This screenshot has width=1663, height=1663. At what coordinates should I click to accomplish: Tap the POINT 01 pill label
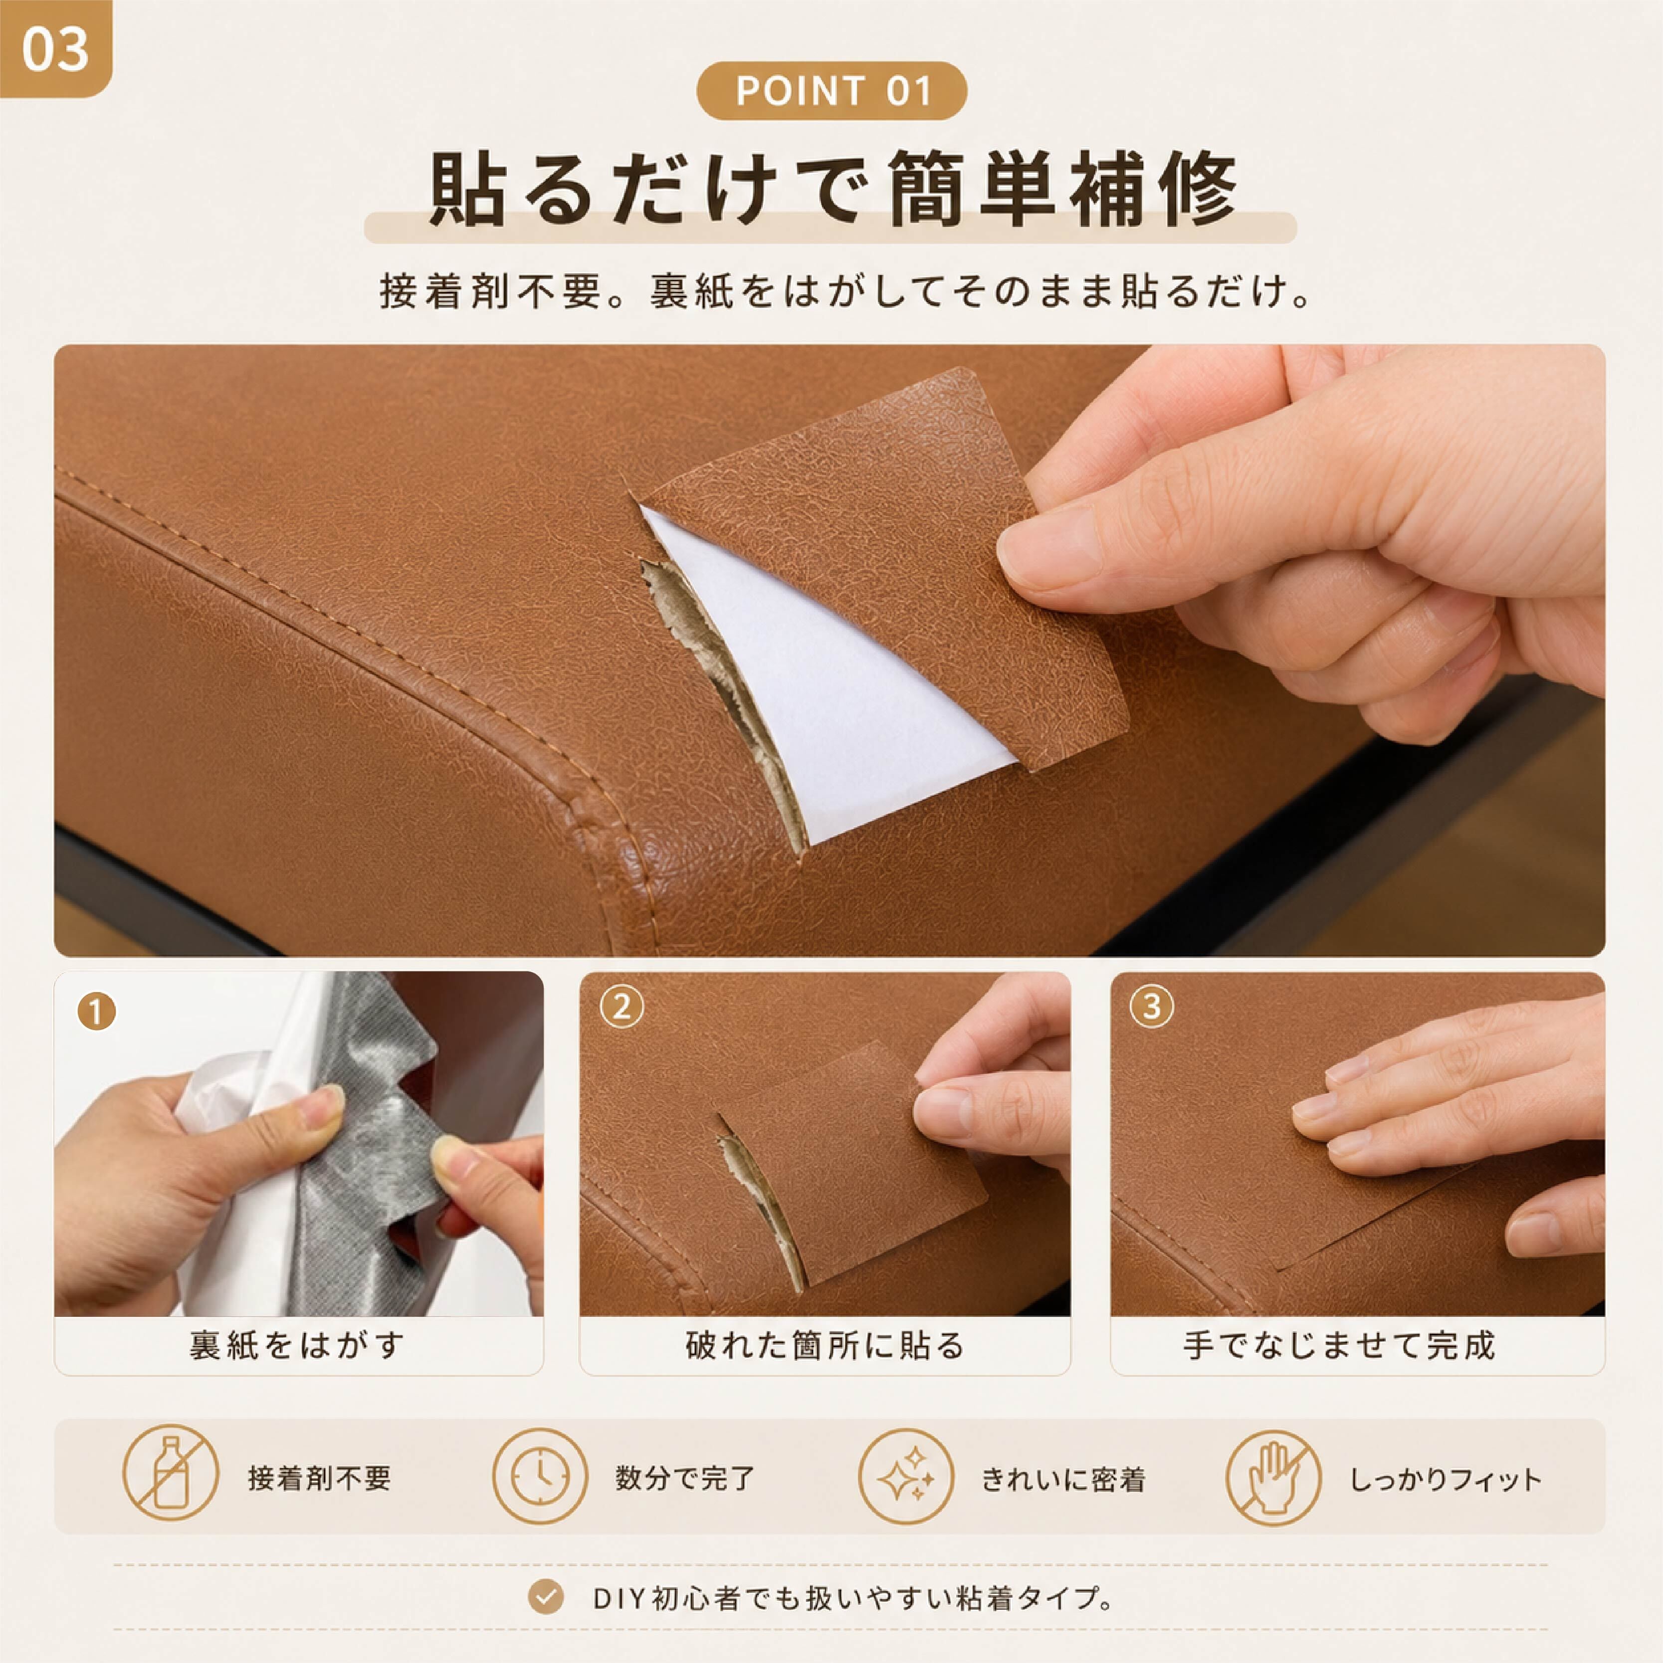831,90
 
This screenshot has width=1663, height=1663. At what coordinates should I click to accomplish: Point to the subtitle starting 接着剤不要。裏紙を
845,291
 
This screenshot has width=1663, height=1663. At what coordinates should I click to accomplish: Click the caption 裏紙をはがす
297,1345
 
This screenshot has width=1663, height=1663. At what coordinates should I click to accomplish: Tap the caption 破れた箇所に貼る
825,1345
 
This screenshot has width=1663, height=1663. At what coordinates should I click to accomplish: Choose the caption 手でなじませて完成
1339,1345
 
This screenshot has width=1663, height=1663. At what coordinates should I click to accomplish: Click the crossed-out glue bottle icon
171,1476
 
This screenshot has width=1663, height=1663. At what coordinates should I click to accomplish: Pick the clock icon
540,1476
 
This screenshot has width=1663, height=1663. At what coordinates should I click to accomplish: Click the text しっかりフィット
1445,1479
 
